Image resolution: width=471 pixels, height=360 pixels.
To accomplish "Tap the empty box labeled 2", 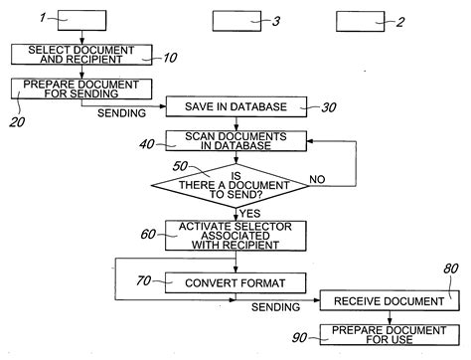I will pos(362,19).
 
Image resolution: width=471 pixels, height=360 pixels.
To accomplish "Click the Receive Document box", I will pos(374,298).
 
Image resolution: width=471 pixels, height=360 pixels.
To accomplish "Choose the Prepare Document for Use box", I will pos(374,334).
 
